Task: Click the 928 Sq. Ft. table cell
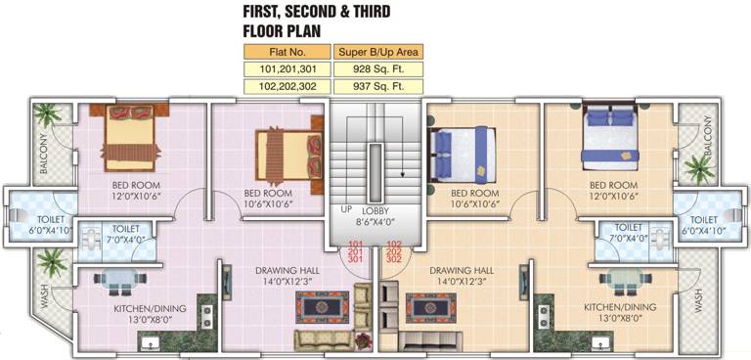tap(378, 69)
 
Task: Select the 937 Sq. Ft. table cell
tap(378, 86)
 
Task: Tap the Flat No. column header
tap(287, 52)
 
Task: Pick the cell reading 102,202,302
tap(287, 86)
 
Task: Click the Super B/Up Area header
tap(378, 52)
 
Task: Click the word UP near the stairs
tap(347, 209)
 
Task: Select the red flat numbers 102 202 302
tap(393, 251)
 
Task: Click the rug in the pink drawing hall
tap(322, 307)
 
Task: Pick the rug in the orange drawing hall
tap(431, 308)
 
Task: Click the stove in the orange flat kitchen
tap(545, 317)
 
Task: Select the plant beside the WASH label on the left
tap(52, 262)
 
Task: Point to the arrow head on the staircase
tap(404, 174)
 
